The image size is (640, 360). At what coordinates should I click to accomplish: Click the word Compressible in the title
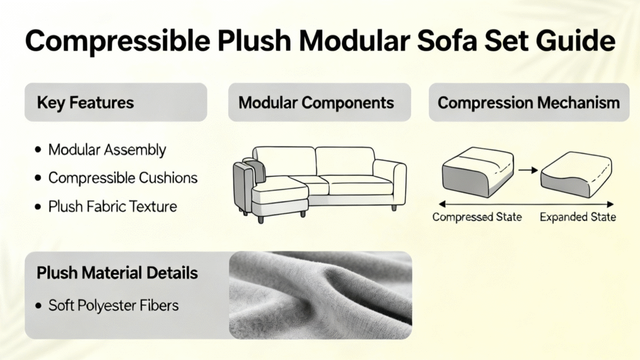point(117,41)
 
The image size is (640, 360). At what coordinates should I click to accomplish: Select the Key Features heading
point(85,102)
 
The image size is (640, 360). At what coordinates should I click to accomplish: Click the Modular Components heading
point(316,102)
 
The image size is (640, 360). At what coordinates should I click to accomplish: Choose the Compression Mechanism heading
point(529,102)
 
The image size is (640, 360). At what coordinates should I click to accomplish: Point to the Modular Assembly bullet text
point(107,150)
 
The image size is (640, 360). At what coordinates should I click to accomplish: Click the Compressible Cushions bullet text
point(123,178)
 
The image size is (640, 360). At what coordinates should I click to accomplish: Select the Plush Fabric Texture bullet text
point(112,206)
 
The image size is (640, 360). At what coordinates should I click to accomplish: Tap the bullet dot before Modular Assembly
point(38,150)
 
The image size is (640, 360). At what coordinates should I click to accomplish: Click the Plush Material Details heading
point(117,273)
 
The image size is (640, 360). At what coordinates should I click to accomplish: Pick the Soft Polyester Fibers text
point(114,305)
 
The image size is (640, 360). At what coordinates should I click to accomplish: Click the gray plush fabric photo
point(321,295)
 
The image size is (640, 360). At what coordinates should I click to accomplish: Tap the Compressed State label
point(477,217)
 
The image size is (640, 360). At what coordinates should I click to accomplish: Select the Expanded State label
point(577,217)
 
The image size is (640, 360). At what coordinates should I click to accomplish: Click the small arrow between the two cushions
point(528,170)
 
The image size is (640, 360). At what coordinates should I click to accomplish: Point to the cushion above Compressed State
point(477,172)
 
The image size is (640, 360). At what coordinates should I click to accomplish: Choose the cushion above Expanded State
point(576,175)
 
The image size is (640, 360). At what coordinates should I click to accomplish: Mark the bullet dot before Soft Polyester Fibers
point(38,306)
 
